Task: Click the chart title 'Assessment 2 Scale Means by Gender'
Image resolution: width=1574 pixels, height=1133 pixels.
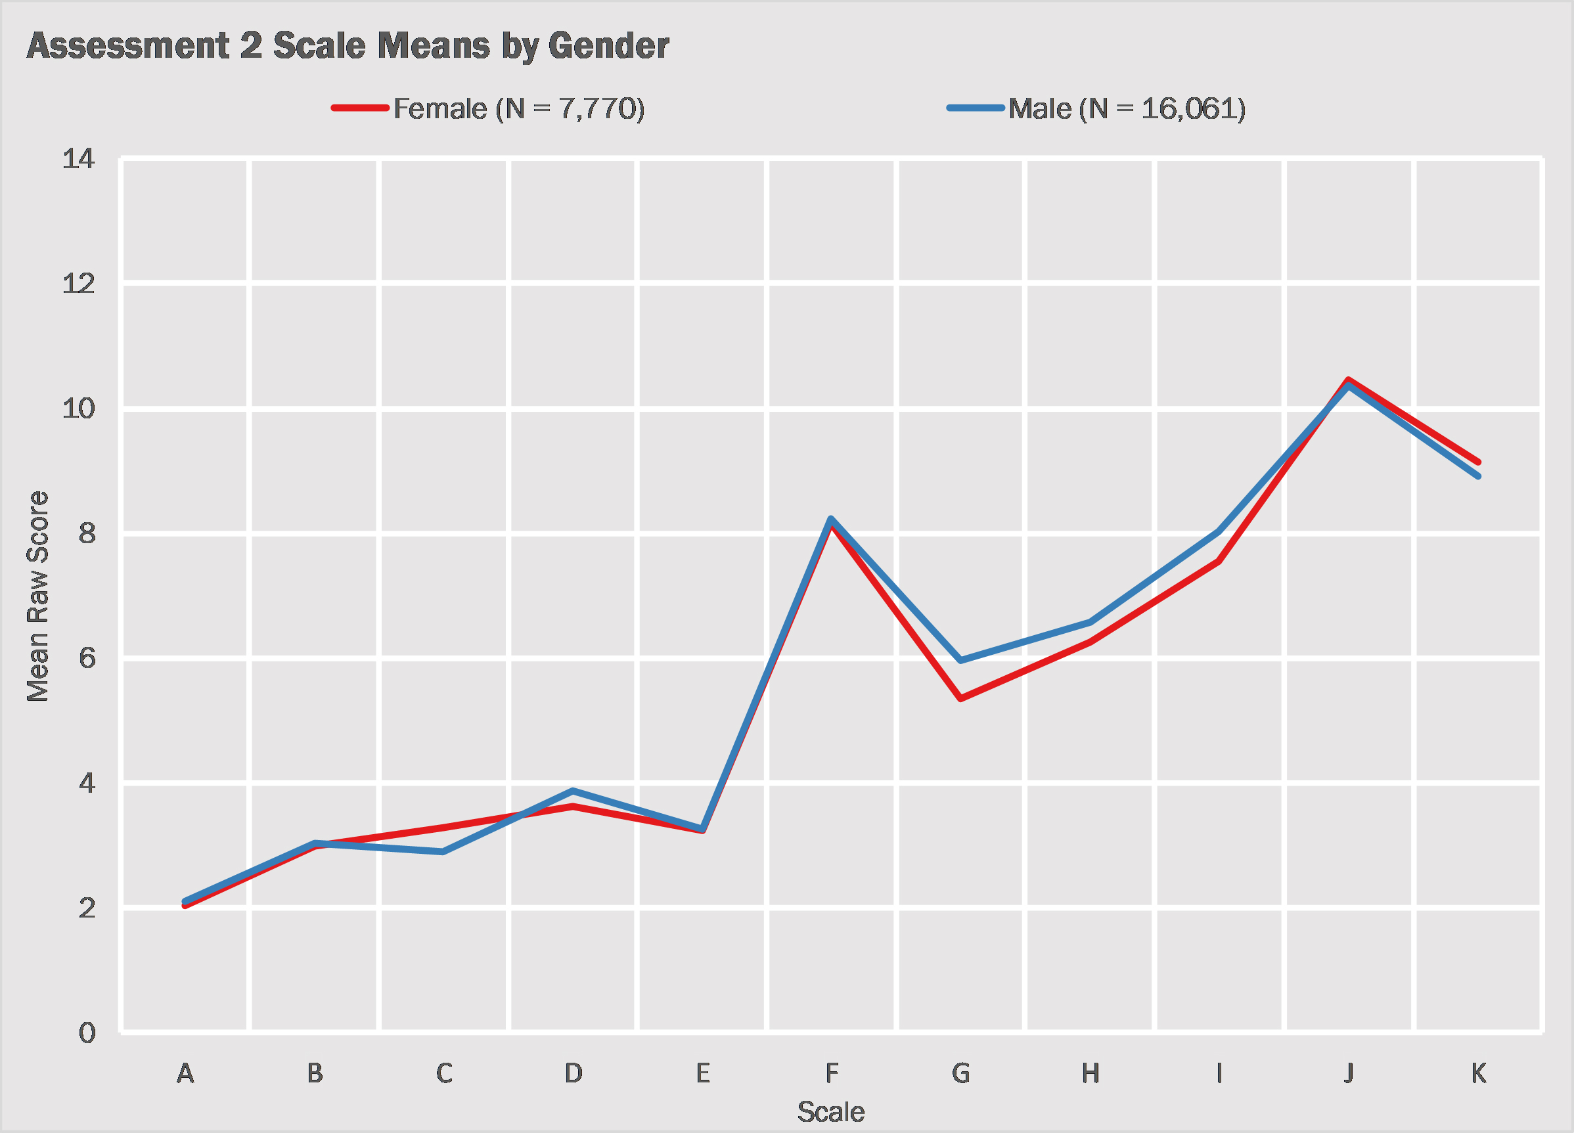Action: pos(348,47)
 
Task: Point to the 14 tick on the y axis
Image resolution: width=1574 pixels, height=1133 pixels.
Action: pos(78,159)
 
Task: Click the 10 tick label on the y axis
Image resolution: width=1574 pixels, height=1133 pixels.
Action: pos(78,409)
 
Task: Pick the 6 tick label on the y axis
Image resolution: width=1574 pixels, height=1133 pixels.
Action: pos(87,657)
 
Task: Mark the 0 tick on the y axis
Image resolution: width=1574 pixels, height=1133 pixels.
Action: pos(87,1033)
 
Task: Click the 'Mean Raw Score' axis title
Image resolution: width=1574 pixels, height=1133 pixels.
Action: pos(37,596)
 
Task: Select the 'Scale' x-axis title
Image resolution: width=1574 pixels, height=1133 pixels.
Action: pos(831,1112)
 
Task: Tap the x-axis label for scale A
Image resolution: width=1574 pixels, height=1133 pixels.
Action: pos(185,1073)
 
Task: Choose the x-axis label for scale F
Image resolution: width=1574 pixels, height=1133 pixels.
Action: pos(832,1073)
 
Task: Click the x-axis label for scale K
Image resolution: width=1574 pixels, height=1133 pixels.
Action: pos(1478,1073)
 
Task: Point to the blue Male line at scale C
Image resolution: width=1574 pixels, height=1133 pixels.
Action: pos(443,851)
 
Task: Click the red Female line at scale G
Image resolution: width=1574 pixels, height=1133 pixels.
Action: pos(960,699)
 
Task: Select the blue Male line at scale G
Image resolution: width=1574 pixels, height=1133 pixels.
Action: pos(960,660)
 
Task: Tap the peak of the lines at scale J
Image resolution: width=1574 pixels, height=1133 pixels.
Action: pos(1348,382)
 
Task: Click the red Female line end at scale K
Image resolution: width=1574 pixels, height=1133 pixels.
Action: pos(1477,461)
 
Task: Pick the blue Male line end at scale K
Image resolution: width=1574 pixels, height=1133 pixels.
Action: pos(1477,476)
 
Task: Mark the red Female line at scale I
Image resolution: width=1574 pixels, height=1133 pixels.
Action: pos(1219,562)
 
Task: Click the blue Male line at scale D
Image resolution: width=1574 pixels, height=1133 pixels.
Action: pos(573,791)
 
